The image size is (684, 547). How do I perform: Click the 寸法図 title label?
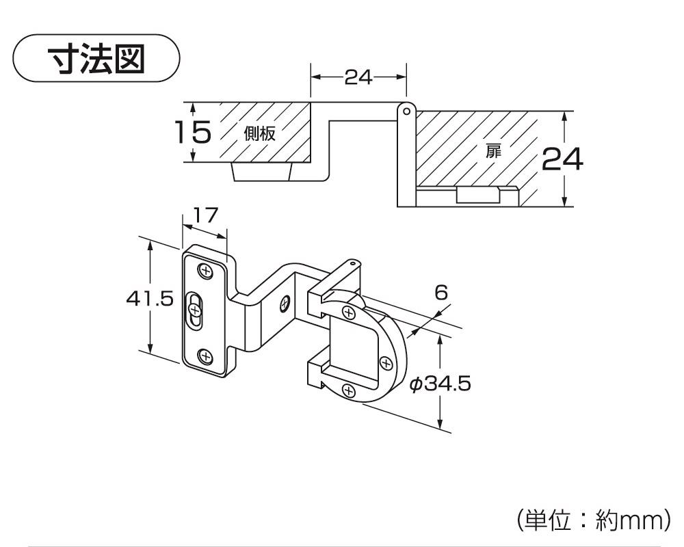(x=96, y=59)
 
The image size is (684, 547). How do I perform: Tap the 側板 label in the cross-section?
(x=260, y=134)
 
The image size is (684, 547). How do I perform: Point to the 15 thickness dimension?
(x=192, y=132)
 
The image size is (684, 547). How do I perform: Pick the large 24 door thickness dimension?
(x=563, y=160)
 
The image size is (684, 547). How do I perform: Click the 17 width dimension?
(x=205, y=215)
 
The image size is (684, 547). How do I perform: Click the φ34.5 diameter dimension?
(x=440, y=384)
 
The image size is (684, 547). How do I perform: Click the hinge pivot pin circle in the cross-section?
(x=406, y=110)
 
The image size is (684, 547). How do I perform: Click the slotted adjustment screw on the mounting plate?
(x=196, y=312)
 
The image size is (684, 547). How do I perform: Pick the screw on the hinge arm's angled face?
(x=286, y=302)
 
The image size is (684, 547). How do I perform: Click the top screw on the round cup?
(x=349, y=314)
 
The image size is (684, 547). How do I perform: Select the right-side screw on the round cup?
(x=384, y=362)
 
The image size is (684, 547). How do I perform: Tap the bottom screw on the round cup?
(x=349, y=391)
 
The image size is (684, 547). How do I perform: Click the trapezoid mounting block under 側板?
(x=263, y=172)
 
